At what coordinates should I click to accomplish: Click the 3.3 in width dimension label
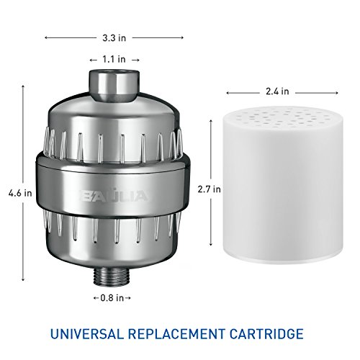click(x=114, y=38)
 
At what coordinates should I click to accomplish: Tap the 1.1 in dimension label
click(x=114, y=59)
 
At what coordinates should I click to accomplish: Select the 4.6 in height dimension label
click(x=20, y=193)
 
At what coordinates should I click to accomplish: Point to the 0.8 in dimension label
click(x=112, y=298)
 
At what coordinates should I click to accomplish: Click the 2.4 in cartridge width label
click(x=277, y=91)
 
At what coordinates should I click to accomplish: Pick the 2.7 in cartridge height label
click(x=209, y=189)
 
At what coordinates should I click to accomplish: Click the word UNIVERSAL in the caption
click(x=87, y=334)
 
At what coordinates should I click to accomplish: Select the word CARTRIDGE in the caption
click(x=266, y=334)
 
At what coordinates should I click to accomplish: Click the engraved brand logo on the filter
click(x=114, y=197)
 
